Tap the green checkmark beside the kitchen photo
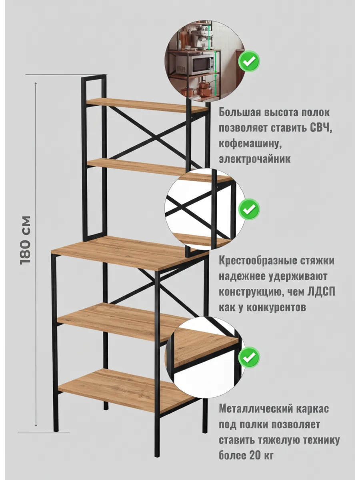click(249, 61)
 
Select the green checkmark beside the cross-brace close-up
click(249, 209)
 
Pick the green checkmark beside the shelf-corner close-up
click(249, 357)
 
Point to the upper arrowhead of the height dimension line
click(36, 84)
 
